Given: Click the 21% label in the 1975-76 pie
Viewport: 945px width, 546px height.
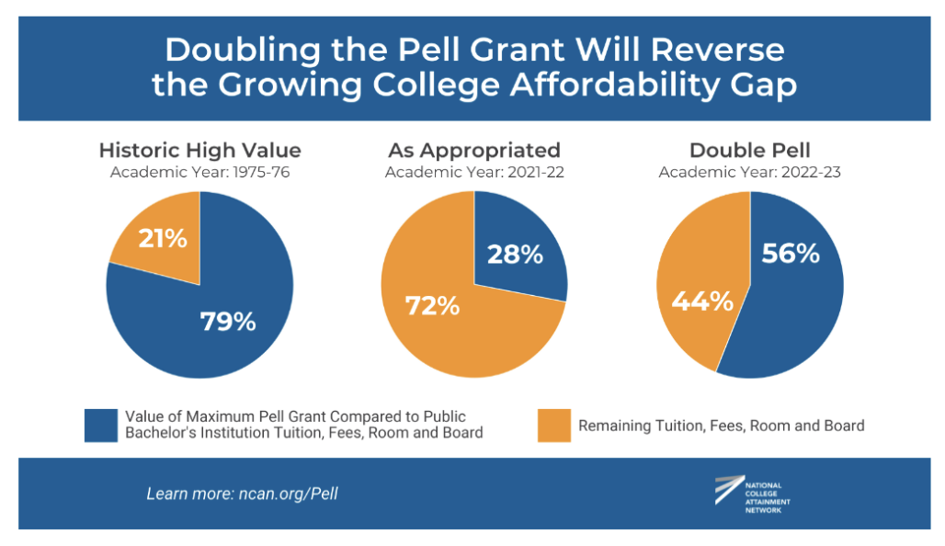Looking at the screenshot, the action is coord(163,239).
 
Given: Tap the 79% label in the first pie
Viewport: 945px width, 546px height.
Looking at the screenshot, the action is coord(228,321).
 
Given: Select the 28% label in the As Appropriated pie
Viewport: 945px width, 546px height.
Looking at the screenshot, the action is coord(516,255).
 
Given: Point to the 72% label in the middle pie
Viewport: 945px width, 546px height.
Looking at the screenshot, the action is coord(433,305).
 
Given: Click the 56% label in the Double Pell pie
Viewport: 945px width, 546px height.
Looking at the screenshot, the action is coord(791,253).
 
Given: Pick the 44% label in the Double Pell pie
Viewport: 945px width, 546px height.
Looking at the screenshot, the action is coord(702,301).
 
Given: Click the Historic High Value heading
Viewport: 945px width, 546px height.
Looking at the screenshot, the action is coord(200,150).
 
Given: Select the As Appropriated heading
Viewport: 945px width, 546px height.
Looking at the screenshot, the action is coord(474,150).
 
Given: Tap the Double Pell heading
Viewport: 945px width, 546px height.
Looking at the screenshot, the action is coord(750,150).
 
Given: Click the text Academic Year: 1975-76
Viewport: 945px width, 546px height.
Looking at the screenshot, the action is coord(200,173).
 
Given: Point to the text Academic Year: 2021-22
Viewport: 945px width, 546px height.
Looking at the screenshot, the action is coord(475,173).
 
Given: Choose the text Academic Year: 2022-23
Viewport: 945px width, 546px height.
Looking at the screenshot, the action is coord(750,173).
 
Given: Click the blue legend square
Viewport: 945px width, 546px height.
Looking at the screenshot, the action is coord(101,426).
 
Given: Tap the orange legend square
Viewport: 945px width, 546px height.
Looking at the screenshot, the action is coord(554,426).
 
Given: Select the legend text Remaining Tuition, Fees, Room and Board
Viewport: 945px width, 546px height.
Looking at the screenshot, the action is coord(722,426).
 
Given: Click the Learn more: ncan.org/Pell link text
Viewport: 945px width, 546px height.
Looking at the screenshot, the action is coord(243,494).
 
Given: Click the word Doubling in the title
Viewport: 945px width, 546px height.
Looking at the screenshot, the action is coord(243,50).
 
